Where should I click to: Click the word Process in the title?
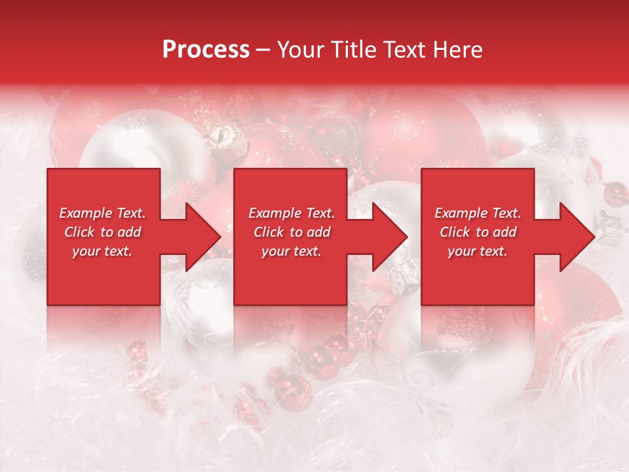click(x=206, y=50)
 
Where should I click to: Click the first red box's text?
click(x=103, y=232)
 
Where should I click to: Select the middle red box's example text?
click(x=292, y=232)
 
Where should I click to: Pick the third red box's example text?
click(x=478, y=232)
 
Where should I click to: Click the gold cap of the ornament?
click(x=221, y=138)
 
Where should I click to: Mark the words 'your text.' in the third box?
click(x=478, y=251)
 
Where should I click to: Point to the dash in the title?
click(x=263, y=50)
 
